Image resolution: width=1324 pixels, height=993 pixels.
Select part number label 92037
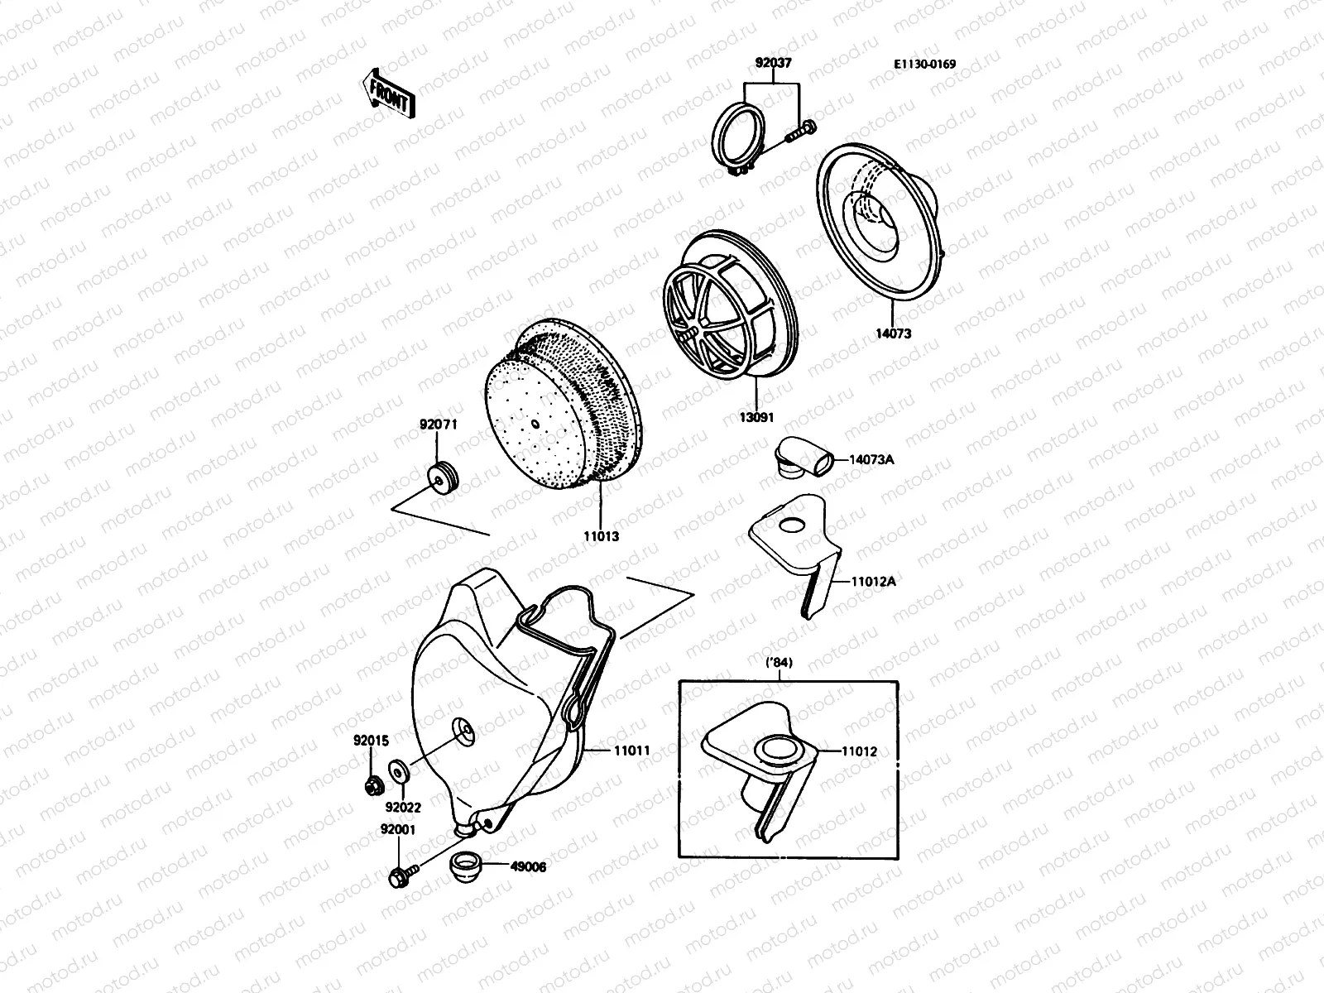pyautogui.click(x=774, y=62)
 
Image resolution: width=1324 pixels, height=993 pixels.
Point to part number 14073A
pyautogui.click(x=871, y=459)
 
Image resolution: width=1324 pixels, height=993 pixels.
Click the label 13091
pyautogui.click(x=756, y=417)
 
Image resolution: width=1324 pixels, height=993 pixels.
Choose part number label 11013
pyautogui.click(x=601, y=536)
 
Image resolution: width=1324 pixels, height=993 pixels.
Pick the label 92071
pyautogui.click(x=438, y=425)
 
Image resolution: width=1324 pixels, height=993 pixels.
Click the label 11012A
pyautogui.click(x=874, y=581)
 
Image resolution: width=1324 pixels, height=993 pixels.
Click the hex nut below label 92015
pyautogui.click(x=372, y=783)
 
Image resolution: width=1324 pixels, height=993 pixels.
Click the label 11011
pyautogui.click(x=631, y=751)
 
